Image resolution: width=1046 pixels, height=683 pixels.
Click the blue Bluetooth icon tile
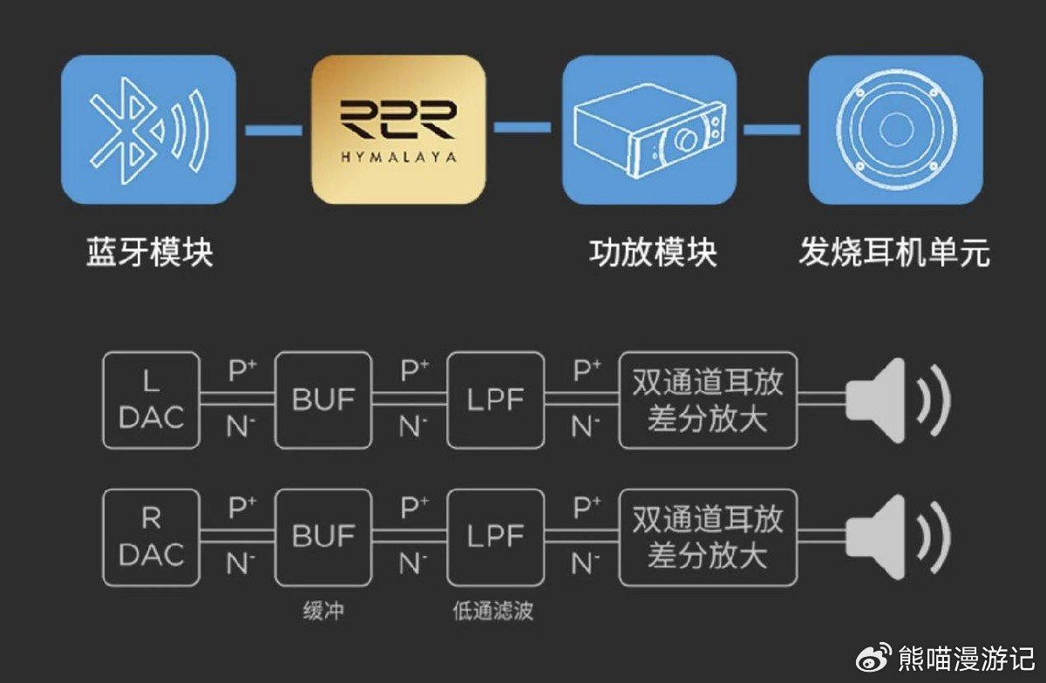point(148,130)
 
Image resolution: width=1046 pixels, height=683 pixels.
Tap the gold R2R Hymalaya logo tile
point(397,130)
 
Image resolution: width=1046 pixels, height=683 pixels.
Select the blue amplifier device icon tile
point(649,130)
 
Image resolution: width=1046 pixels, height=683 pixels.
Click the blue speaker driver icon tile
point(896,130)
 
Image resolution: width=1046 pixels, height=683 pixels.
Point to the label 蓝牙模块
point(149,253)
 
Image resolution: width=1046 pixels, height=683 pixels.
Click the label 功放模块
point(653,253)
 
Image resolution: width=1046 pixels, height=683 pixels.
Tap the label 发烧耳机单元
point(894,253)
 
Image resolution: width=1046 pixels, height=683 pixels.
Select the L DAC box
point(151,401)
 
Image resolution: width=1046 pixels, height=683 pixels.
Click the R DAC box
point(151,537)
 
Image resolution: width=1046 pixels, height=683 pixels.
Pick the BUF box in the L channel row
point(323,401)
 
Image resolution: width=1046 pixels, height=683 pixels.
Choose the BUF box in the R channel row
point(323,537)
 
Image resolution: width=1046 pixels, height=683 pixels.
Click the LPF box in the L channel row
point(495,401)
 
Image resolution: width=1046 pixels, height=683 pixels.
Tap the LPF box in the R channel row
point(495,537)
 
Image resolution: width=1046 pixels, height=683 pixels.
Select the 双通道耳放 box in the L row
point(708,401)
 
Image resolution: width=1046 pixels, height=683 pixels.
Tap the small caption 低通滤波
point(492,611)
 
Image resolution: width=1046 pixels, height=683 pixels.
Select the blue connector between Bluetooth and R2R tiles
point(274,131)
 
